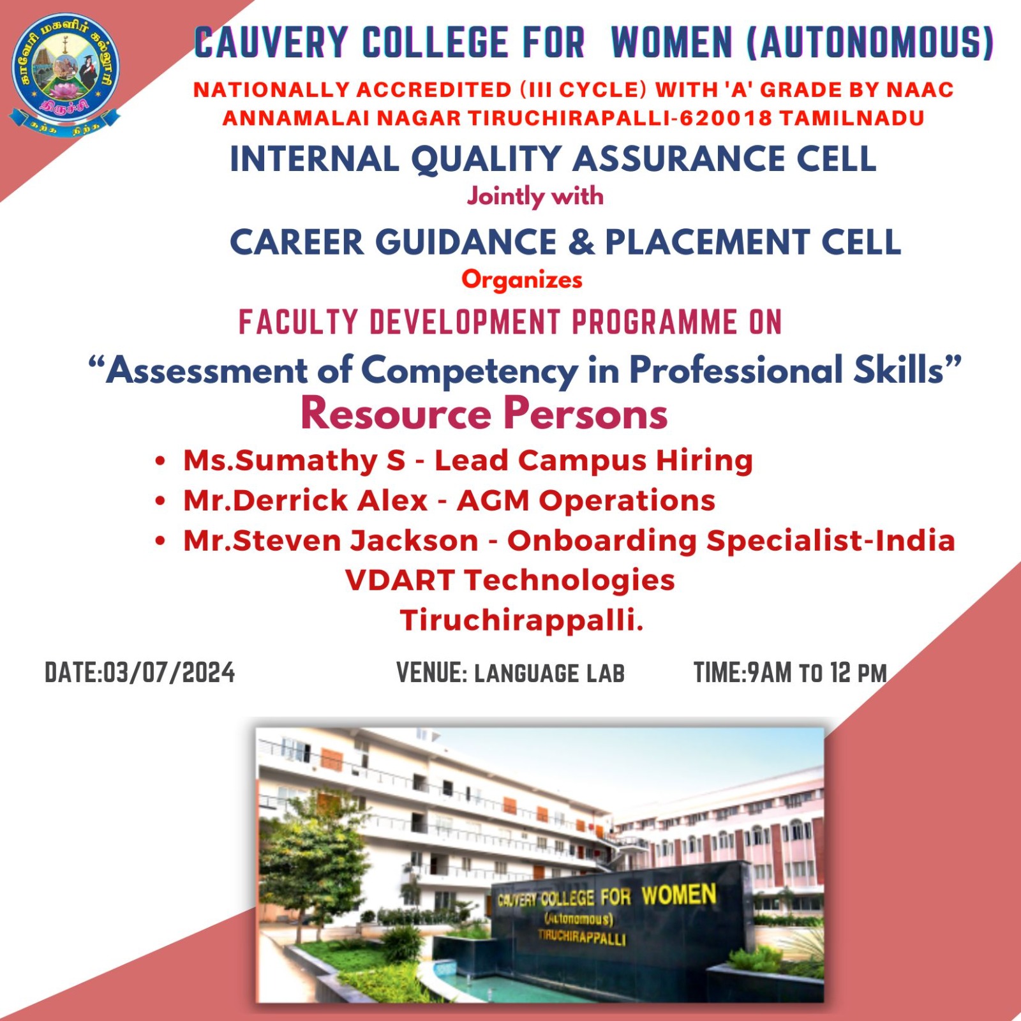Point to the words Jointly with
pyautogui.click(x=535, y=197)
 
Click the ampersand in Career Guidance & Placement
pyautogui.click(x=581, y=242)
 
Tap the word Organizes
pyautogui.click(x=522, y=280)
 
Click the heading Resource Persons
pyautogui.click(x=484, y=414)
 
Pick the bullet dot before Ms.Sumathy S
pyautogui.click(x=161, y=461)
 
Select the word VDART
pyautogui.click(x=399, y=581)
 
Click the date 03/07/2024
pyautogui.click(x=169, y=673)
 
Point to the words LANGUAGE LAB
pyautogui.click(x=549, y=674)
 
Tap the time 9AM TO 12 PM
pyautogui.click(x=817, y=673)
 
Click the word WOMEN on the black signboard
pyautogui.click(x=679, y=895)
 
